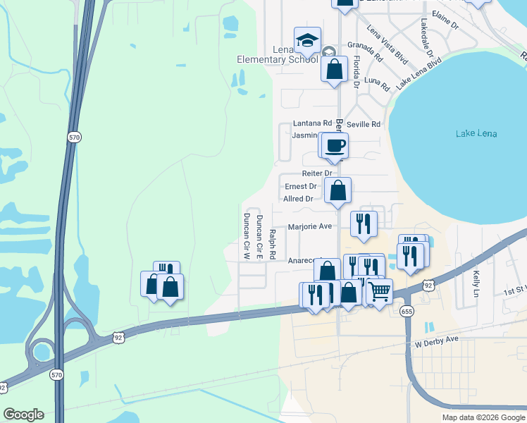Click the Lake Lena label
click(x=476, y=134)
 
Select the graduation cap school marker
click(x=307, y=41)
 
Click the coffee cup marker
click(x=335, y=145)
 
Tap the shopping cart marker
click(x=380, y=290)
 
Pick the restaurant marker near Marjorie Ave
click(x=364, y=223)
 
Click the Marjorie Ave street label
click(x=309, y=227)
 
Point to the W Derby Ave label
click(x=437, y=339)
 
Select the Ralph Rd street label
click(x=272, y=243)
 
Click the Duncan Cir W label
click(x=247, y=235)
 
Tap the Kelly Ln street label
click(x=477, y=283)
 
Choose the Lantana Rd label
click(x=311, y=123)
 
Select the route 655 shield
click(x=405, y=309)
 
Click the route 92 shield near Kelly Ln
click(x=428, y=285)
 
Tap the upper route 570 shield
click(x=75, y=137)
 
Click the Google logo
click(x=23, y=415)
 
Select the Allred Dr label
click(x=298, y=199)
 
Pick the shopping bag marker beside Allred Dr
click(x=338, y=190)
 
